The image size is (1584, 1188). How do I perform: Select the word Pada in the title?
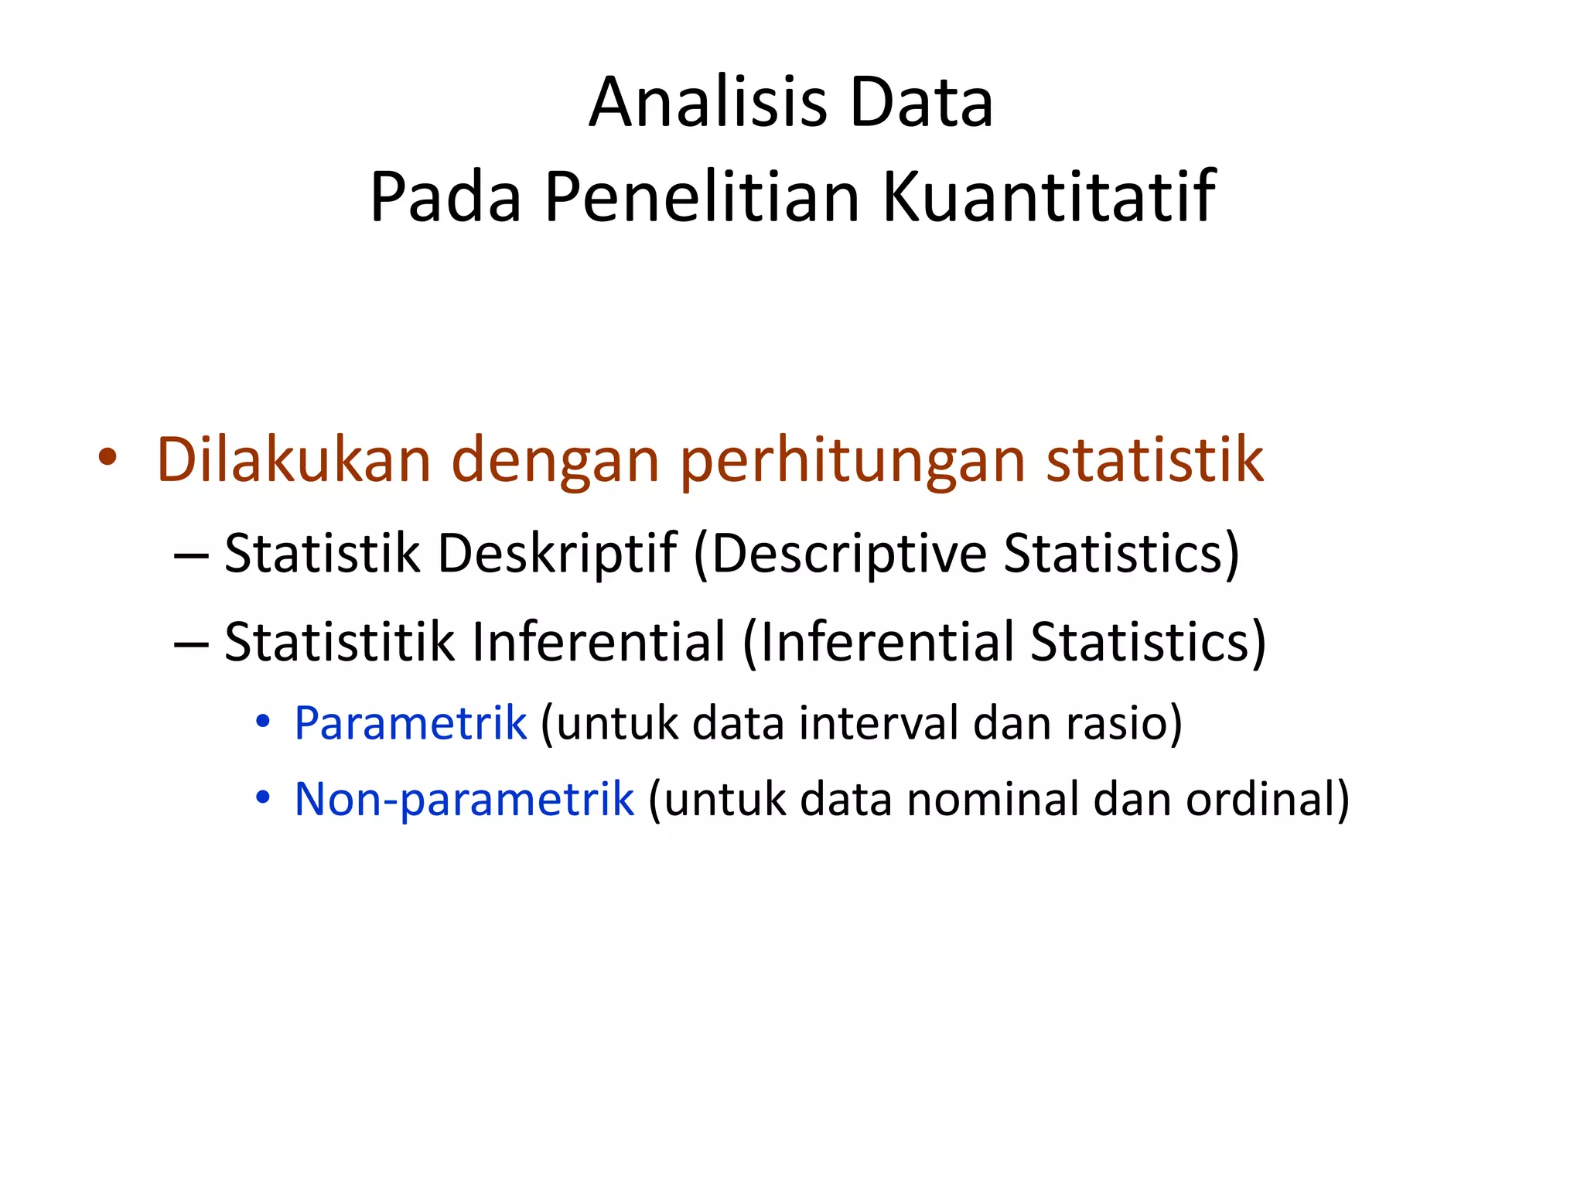click(445, 197)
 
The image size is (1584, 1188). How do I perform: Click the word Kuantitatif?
click(1049, 197)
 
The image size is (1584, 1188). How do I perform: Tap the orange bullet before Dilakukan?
click(108, 457)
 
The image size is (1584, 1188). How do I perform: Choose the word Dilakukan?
click(293, 460)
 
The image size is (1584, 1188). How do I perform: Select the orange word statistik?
click(1155, 460)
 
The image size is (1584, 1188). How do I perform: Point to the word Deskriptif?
click(557, 555)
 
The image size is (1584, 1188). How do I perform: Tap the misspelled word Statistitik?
click(339, 642)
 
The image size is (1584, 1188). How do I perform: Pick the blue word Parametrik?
click(410, 724)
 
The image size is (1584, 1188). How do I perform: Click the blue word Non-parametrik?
click(464, 800)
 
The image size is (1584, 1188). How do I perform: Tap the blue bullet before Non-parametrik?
click(263, 797)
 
